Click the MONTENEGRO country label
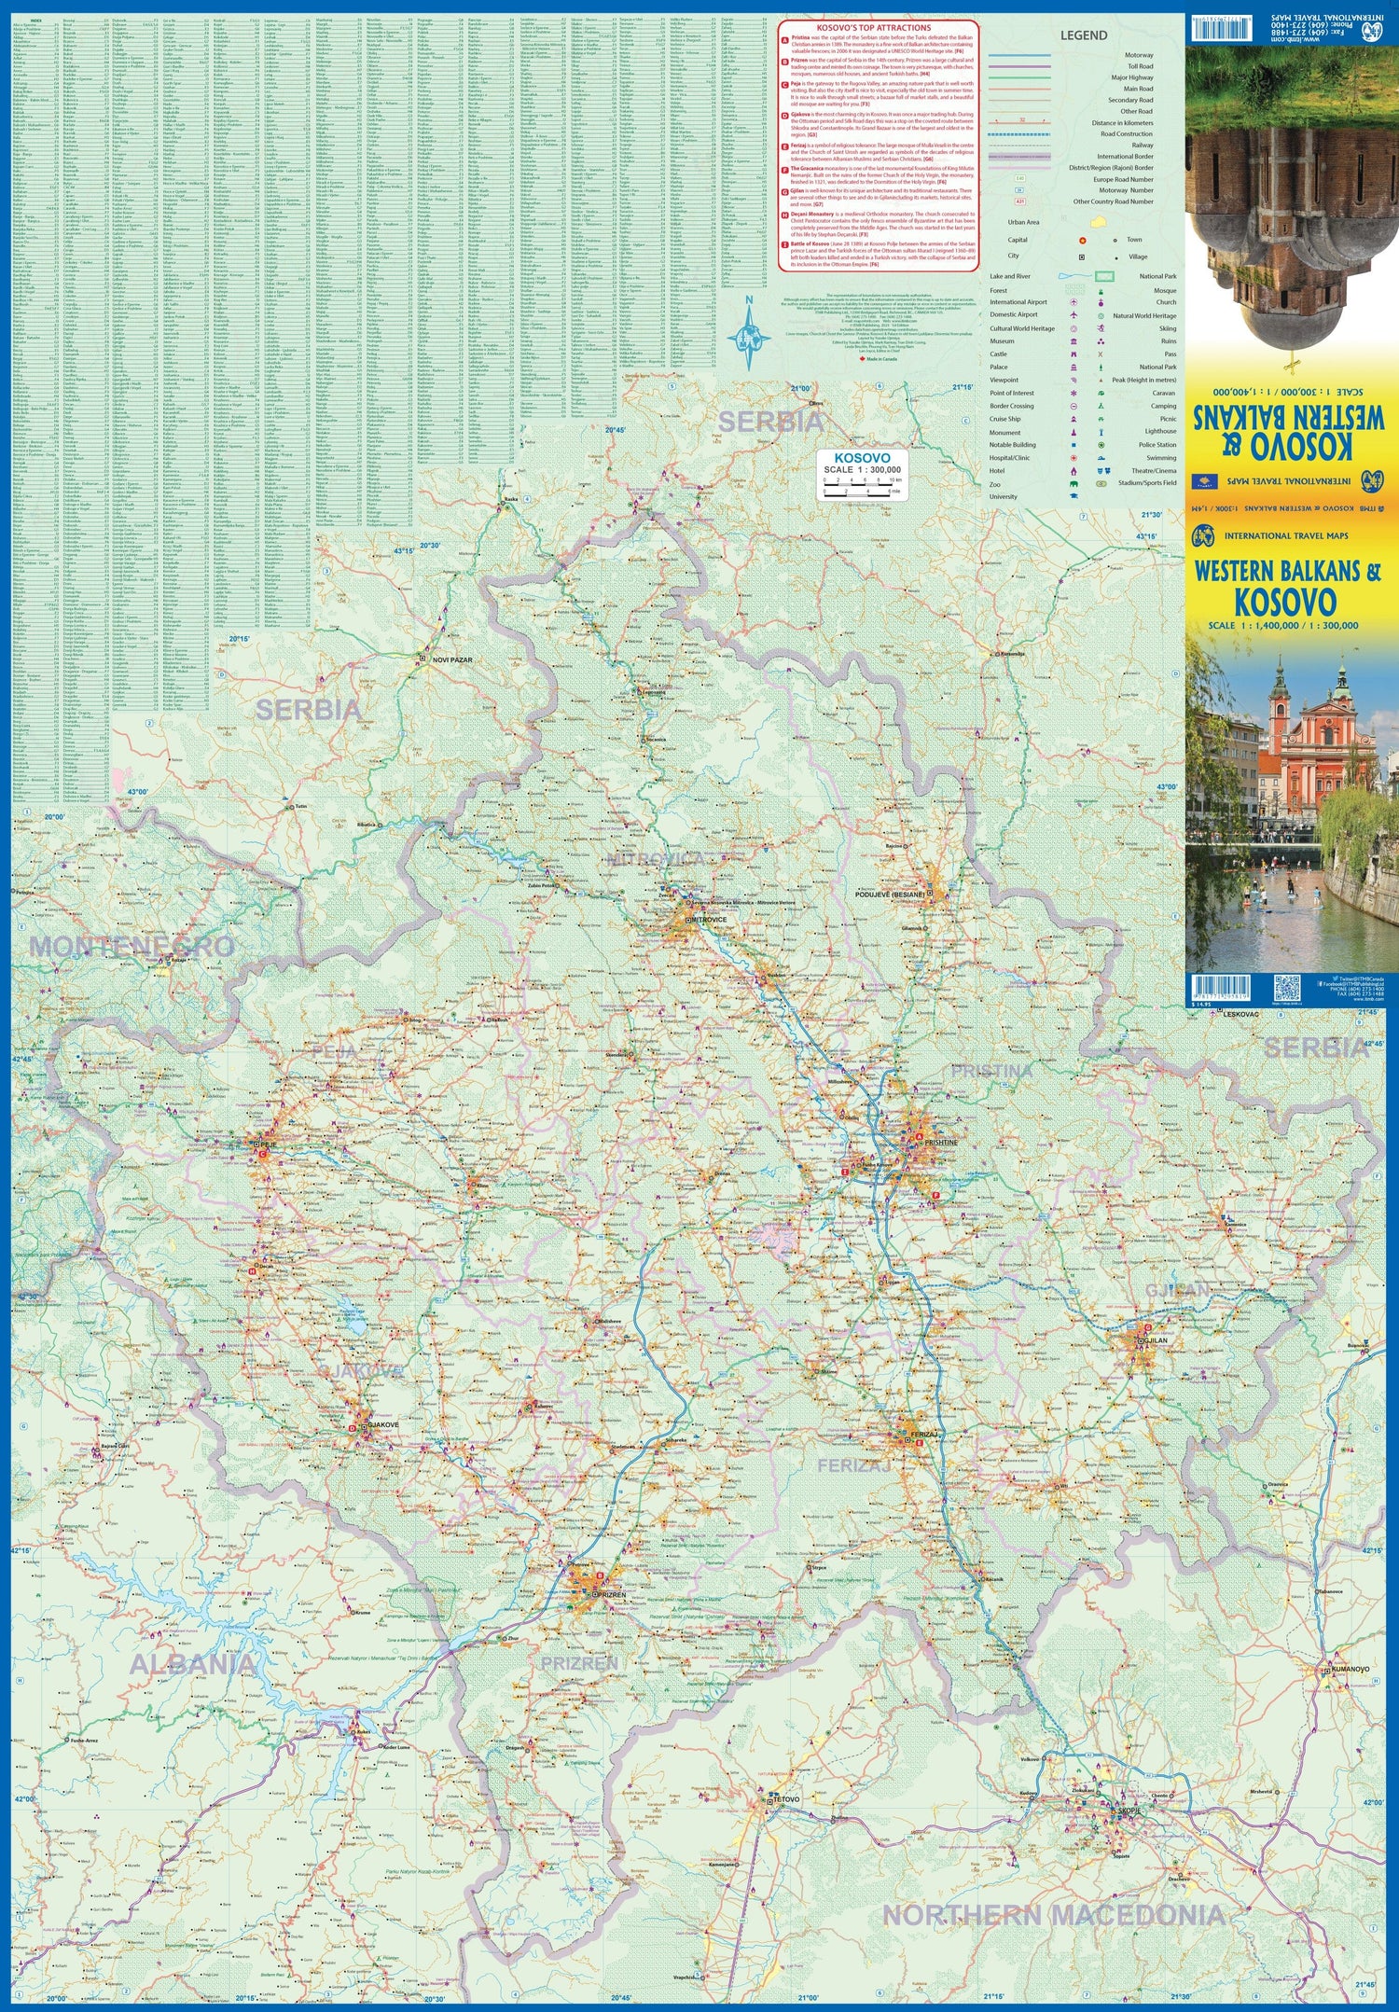click(x=131, y=946)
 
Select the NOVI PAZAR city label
click(x=453, y=660)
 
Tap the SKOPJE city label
click(x=1129, y=1811)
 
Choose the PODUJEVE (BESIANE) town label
click(x=890, y=895)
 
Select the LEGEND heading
click(x=1083, y=35)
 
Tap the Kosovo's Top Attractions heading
click(x=879, y=28)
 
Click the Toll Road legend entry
click(x=1140, y=66)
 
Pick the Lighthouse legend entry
click(x=1160, y=432)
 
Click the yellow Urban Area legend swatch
click(x=1100, y=223)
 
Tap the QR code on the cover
click(x=1286, y=988)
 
